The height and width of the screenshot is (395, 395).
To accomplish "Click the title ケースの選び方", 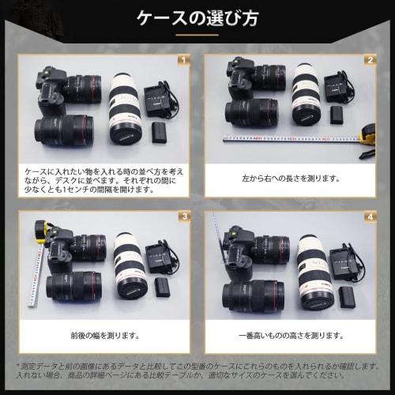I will pos(197,17).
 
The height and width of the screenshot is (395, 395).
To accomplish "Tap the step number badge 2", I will pos(369,60).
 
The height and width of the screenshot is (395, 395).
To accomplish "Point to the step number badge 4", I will pos(369,216).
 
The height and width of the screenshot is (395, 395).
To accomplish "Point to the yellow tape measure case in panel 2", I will pos(367,136).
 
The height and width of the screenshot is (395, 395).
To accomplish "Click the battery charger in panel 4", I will pos(346,261).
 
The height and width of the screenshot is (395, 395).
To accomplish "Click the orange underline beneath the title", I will pos(197,36).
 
